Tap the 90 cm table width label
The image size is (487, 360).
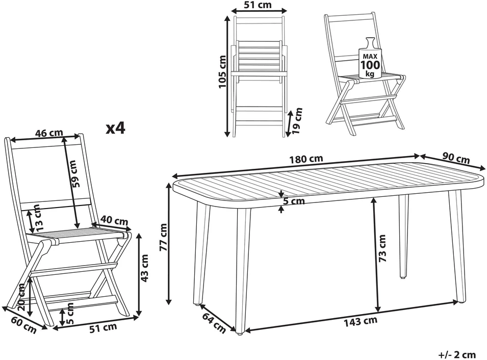pos(456,158)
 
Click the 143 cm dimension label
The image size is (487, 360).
pos(361,321)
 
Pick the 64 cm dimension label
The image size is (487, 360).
pos(214,323)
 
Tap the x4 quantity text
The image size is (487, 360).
pos(116,128)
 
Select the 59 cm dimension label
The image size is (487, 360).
pos(76,173)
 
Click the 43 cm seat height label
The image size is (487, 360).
pos(144,268)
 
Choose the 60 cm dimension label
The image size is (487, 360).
pos(24,324)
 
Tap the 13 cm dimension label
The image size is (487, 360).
pos(37,217)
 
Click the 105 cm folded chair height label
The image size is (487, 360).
pos(222,72)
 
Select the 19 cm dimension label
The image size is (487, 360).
pos(297,121)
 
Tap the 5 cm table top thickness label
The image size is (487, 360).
pos(294,201)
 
